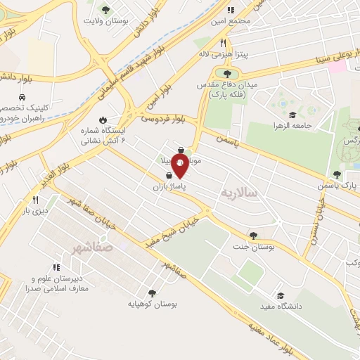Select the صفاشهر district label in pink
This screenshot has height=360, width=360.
pyautogui.click(x=92, y=248)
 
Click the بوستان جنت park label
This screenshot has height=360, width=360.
pyautogui.click(x=253, y=247)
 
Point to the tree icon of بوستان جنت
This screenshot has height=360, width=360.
pyautogui.click(x=253, y=236)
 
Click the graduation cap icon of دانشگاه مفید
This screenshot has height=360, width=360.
pyautogui.click(x=281, y=296)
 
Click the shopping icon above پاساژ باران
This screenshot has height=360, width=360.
pyautogui.click(x=169, y=177)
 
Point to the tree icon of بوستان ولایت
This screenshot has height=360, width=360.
pyautogui.click(x=105, y=9)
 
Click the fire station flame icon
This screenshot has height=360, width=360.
pyautogui.click(x=104, y=120)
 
